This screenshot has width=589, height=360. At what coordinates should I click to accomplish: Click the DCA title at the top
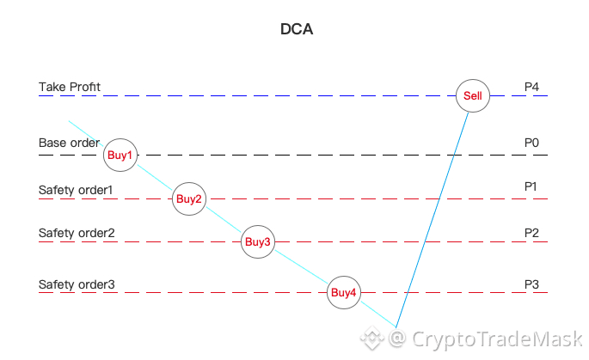(x=297, y=29)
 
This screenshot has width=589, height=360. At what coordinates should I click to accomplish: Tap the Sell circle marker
(x=473, y=95)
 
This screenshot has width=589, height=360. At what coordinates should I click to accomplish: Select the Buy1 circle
(x=120, y=156)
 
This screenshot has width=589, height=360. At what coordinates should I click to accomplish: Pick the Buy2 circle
(x=189, y=199)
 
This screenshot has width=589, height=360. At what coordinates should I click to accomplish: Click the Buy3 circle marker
(x=258, y=242)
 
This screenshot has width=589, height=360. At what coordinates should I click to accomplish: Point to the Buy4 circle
(x=344, y=294)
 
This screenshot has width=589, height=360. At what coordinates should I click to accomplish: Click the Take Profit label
(x=70, y=88)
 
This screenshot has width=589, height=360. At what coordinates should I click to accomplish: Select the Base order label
(x=69, y=143)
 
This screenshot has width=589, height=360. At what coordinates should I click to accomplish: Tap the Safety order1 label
(x=76, y=189)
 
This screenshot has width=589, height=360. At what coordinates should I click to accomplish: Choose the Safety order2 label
(x=77, y=233)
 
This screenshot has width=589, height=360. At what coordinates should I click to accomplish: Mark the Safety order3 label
(x=77, y=284)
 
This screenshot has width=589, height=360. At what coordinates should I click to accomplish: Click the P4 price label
(x=531, y=88)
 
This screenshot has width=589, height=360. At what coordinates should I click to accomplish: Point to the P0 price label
(x=531, y=143)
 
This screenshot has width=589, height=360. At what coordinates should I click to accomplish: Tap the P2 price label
(x=531, y=233)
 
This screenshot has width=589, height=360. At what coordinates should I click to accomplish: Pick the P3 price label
(x=531, y=284)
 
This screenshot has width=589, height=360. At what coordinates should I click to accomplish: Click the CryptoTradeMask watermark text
(x=496, y=340)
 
